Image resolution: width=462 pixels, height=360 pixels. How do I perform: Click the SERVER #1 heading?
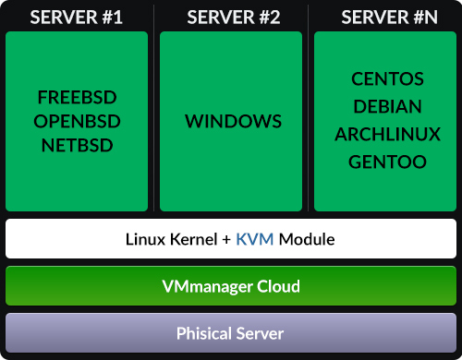[x=77, y=17]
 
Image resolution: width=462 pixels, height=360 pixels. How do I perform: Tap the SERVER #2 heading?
[x=231, y=17]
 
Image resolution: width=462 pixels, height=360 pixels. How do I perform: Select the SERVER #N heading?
[x=385, y=17]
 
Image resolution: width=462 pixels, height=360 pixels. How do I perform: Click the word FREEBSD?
[x=77, y=99]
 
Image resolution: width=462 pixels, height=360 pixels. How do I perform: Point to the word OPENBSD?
[x=77, y=121]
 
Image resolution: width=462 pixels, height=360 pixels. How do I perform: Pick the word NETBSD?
[x=77, y=144]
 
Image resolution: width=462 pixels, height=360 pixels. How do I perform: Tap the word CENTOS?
[x=387, y=78]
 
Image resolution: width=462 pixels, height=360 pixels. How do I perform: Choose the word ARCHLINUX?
[x=387, y=134]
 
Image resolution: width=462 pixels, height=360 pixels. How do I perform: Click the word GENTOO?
[x=387, y=162]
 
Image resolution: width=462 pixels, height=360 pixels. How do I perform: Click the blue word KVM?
[x=255, y=239]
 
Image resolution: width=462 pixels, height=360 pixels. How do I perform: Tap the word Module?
[x=307, y=239]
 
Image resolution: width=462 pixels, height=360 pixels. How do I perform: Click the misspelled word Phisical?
[x=205, y=333]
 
